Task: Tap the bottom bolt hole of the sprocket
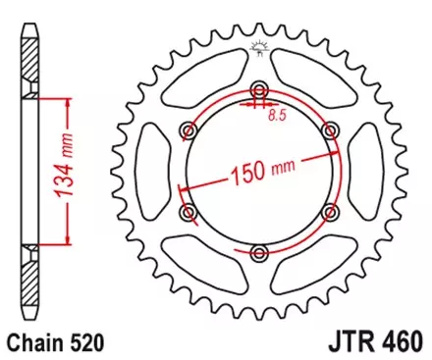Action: click(259, 253)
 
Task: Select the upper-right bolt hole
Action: click(332, 129)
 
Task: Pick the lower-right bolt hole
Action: click(332, 211)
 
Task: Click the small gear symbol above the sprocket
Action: click(259, 47)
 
